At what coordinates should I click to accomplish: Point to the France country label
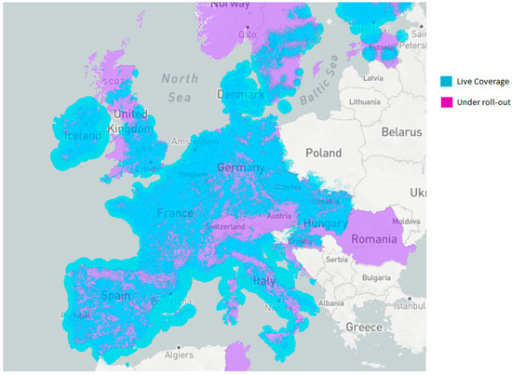pyautogui.click(x=178, y=213)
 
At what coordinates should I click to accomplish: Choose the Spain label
pyautogui.click(x=115, y=296)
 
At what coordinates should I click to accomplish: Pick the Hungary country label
pyautogui.click(x=324, y=225)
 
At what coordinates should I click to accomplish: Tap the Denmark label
pyautogui.click(x=234, y=95)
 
